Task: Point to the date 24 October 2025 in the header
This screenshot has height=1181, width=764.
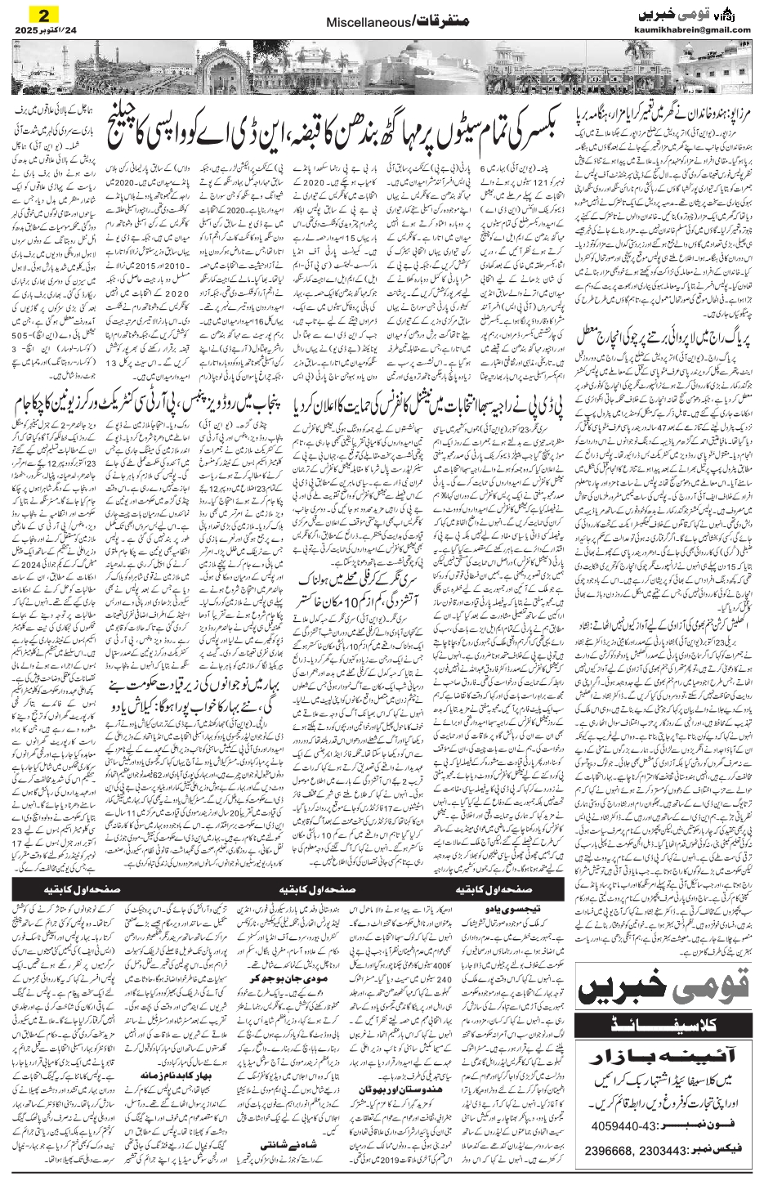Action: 45,31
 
